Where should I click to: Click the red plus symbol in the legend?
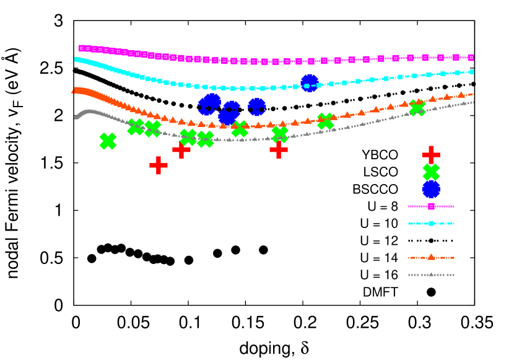431,155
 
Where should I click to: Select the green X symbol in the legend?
431,172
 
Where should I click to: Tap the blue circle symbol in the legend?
431,189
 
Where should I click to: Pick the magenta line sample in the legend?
431,206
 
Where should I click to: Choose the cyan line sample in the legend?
431,224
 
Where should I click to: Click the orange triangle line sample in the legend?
431,257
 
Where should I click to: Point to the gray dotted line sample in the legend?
431,274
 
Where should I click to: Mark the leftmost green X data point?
108,141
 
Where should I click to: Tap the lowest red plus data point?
159,165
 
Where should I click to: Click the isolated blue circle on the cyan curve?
310,83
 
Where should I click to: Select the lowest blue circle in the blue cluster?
227,117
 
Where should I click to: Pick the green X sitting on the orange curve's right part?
417,108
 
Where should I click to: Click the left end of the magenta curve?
81,48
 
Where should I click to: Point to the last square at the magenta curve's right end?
471,58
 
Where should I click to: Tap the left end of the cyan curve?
76,59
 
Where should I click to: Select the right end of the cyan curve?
472,72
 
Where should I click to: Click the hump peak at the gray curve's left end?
89,112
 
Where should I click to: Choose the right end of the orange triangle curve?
473,94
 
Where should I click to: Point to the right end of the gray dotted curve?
473,102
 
